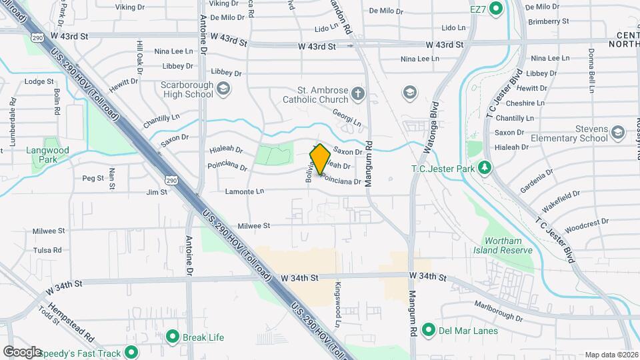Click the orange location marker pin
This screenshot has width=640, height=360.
click(x=320, y=159)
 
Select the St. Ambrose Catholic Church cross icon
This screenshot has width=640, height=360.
click(x=359, y=93)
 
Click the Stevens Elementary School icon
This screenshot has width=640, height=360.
click(x=617, y=131)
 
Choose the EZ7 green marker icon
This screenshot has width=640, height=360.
click(x=495, y=9)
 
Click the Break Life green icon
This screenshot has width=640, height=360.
click(x=173, y=337)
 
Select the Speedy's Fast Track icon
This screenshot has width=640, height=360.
click(x=132, y=353)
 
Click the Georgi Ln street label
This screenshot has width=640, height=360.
click(x=347, y=119)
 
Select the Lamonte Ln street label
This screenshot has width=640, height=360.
click(x=245, y=191)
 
